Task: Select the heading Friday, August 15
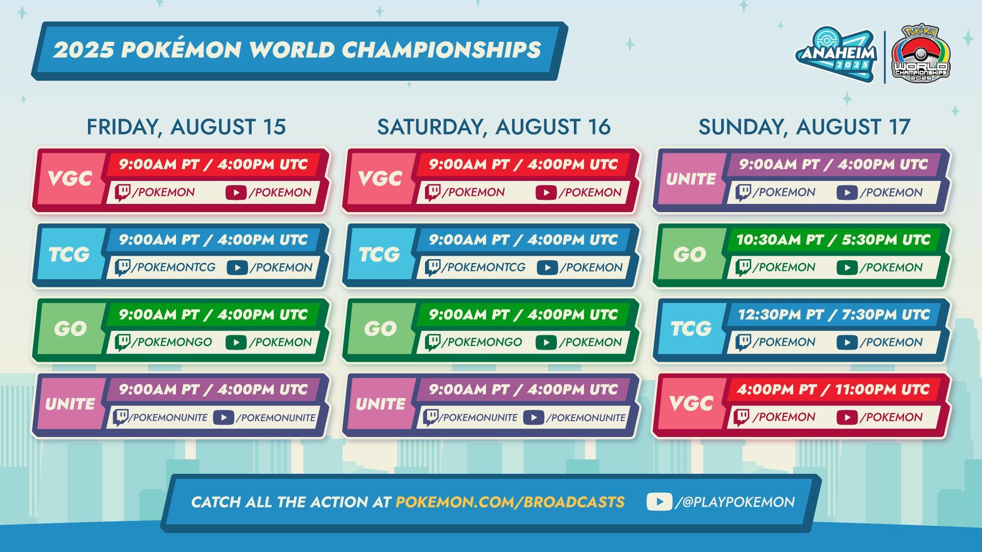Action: tap(186, 127)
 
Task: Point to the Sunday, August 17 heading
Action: tap(805, 127)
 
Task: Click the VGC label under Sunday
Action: tap(691, 404)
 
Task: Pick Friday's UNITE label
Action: tap(70, 404)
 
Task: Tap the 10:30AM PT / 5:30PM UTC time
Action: tap(833, 240)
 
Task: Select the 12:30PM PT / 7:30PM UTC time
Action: tap(834, 315)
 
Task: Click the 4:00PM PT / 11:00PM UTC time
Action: tap(833, 389)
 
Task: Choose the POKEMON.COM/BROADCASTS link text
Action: tap(510, 502)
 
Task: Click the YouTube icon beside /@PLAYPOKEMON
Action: tap(659, 502)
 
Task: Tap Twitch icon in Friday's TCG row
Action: tap(122, 267)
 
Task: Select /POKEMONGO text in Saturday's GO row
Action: tap(482, 342)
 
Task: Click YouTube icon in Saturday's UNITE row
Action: tap(533, 418)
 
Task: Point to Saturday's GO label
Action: tap(380, 329)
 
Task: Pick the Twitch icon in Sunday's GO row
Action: tap(743, 267)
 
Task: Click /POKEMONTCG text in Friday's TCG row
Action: tap(173, 267)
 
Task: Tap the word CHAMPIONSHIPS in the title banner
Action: tap(441, 50)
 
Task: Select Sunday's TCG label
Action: tap(691, 329)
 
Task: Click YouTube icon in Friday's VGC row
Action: tap(236, 193)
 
